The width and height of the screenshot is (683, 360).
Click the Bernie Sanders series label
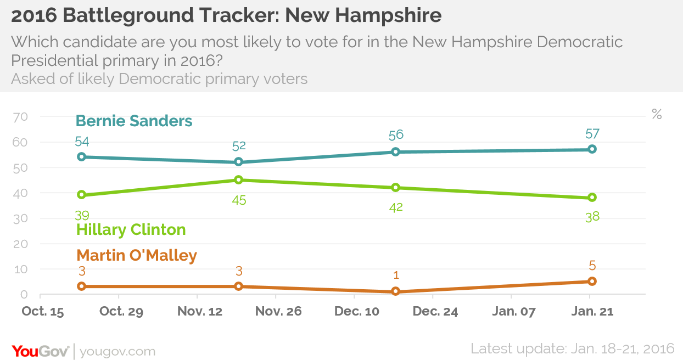tap(134, 121)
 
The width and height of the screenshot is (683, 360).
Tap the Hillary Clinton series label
tap(131, 230)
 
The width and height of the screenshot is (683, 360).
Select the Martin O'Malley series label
tap(137, 255)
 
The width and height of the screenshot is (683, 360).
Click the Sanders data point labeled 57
tap(592, 149)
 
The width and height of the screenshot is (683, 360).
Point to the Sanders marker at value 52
tap(239, 162)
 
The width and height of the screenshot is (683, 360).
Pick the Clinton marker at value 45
tap(239, 180)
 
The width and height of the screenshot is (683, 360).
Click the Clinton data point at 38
tap(592, 198)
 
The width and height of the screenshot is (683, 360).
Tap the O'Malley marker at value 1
tap(395, 291)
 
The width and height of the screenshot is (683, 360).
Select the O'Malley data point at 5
tap(592, 282)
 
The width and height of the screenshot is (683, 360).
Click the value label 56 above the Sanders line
tap(396, 135)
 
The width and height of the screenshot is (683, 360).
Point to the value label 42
tap(396, 207)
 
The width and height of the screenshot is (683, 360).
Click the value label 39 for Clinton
tap(82, 216)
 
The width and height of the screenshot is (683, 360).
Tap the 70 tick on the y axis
tap(20, 117)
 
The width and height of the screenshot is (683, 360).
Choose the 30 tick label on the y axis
tap(20, 218)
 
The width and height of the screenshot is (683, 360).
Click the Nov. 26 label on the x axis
tap(278, 311)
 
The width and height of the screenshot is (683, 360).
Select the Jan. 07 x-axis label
tap(514, 311)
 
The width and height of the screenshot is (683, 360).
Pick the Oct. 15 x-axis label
tap(43, 311)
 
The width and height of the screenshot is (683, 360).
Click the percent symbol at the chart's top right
tap(657, 114)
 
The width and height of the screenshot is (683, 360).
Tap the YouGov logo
tap(40, 351)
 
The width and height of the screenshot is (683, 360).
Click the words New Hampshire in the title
tap(363, 15)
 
